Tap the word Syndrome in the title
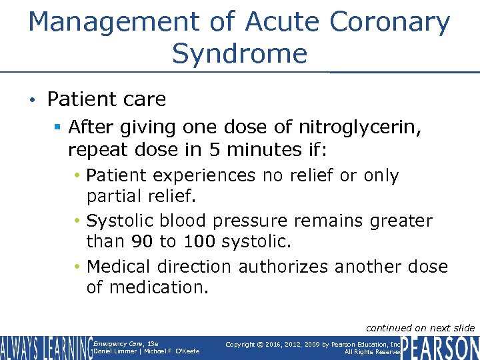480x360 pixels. click(x=239, y=53)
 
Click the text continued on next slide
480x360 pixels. click(x=421, y=327)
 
